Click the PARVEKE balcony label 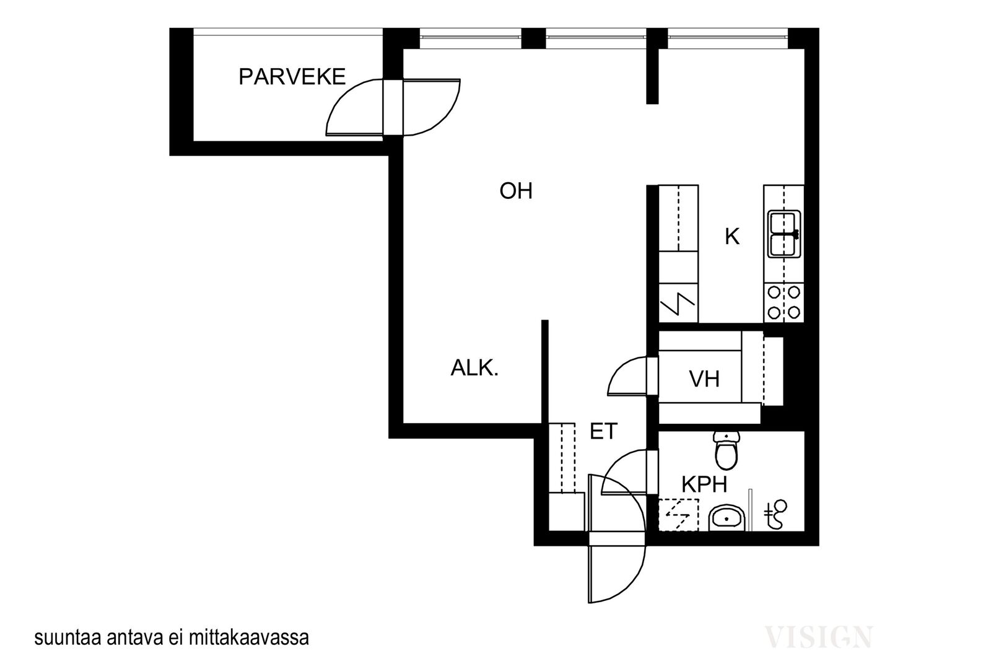tap(292, 77)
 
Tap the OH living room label tap(516, 191)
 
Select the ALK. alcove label tap(474, 368)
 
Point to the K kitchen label tap(731, 237)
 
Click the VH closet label tap(704, 379)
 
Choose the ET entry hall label tap(603, 431)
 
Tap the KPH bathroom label tap(704, 484)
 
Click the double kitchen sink tap(784, 234)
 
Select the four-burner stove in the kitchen tap(784, 303)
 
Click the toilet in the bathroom tap(727, 450)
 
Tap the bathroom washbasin tap(727, 518)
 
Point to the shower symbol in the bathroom tap(776, 514)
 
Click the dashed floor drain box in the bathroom tap(679, 515)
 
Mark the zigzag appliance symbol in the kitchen tap(678, 303)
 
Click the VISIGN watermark tap(818, 637)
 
